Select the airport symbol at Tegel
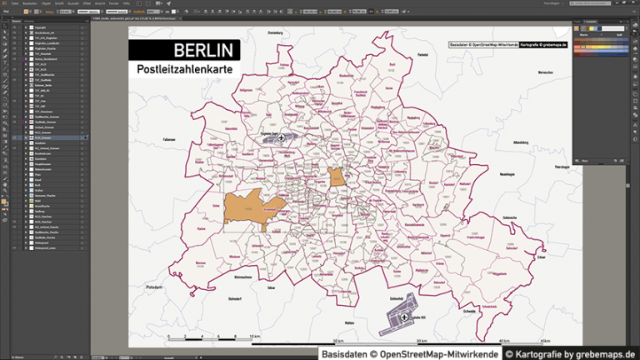click(281, 138)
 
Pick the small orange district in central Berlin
click(337, 177)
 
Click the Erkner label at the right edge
click(542, 257)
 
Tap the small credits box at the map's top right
click(507, 43)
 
